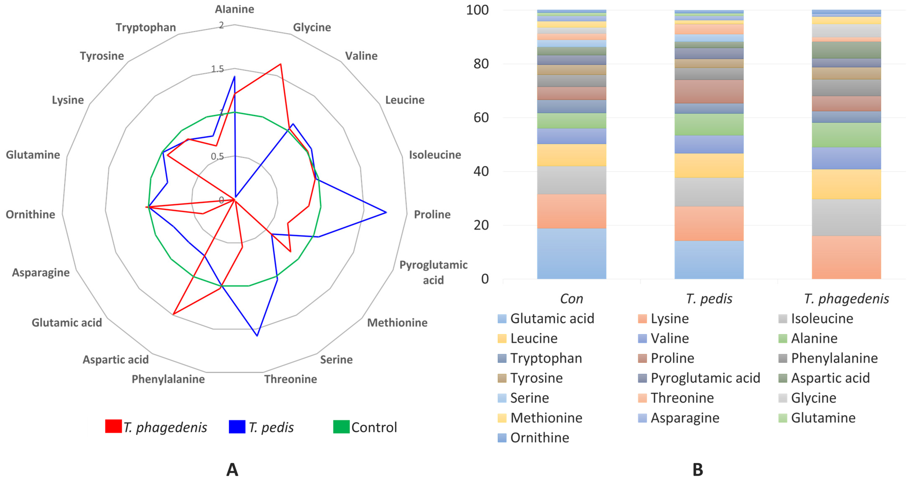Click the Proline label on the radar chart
(x=432, y=215)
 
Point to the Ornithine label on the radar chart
(x=30, y=215)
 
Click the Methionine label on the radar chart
(x=397, y=323)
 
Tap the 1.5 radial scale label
(x=217, y=69)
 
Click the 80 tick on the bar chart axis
(x=481, y=64)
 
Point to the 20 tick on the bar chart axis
(x=481, y=225)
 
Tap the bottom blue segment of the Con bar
(x=571, y=253)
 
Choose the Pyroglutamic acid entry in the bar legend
(x=705, y=378)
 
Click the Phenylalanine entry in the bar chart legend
(x=834, y=358)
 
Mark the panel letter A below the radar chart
(x=232, y=470)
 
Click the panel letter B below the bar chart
(x=697, y=470)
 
